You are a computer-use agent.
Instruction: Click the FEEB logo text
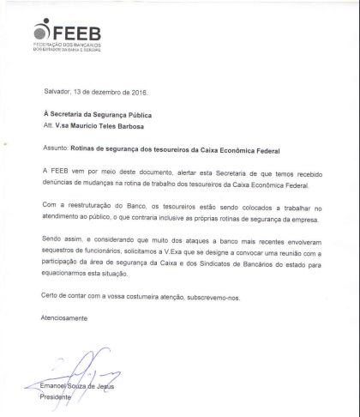(77, 33)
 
